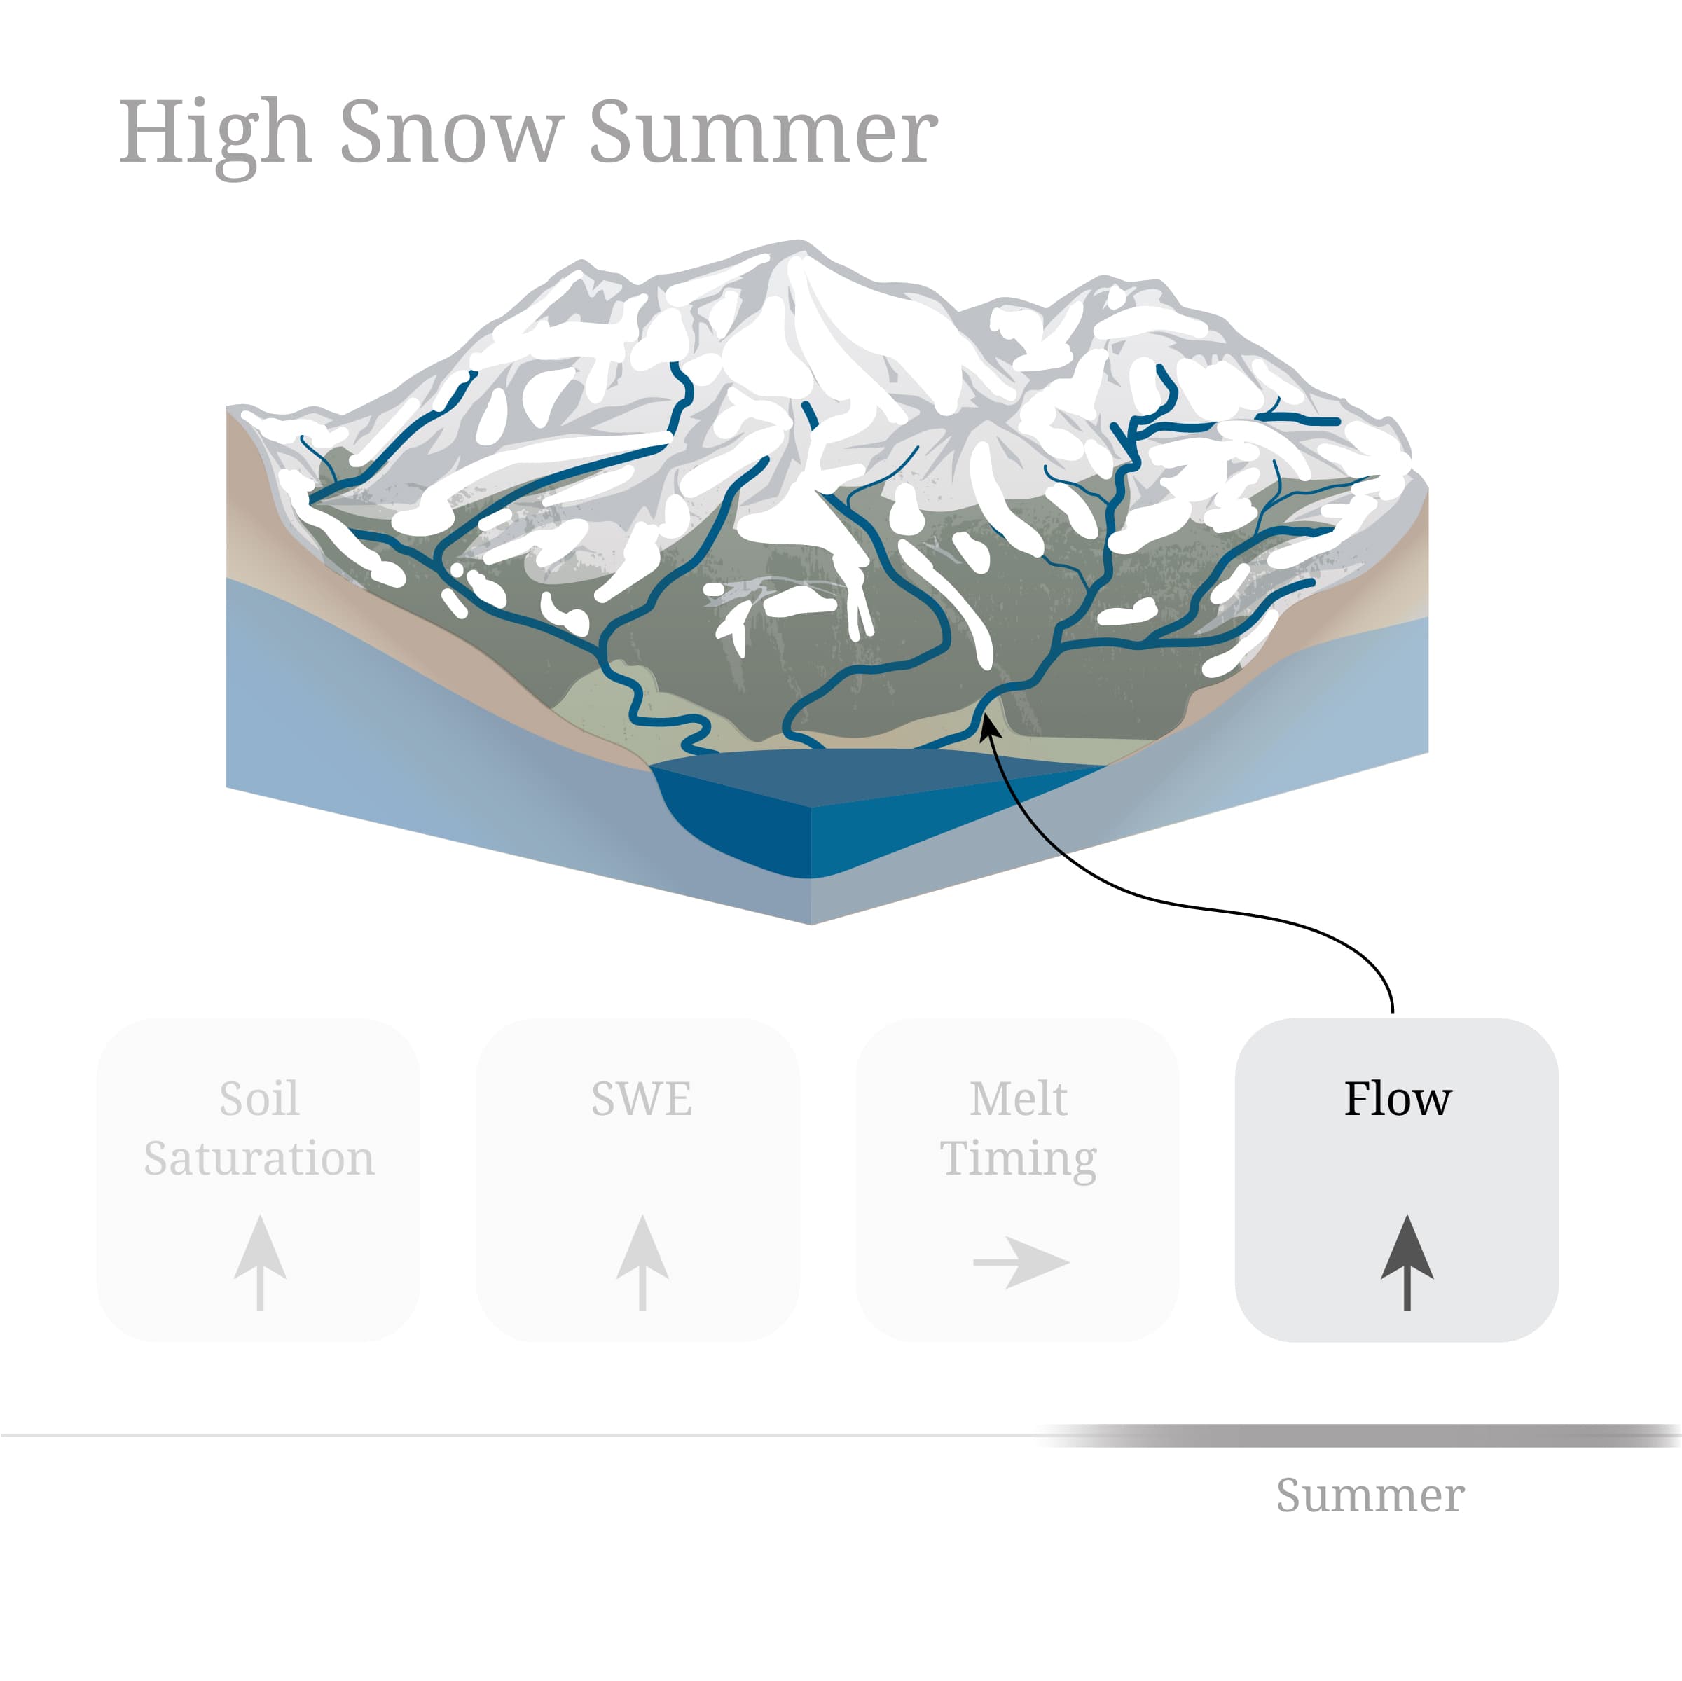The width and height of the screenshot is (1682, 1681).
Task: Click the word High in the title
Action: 214,133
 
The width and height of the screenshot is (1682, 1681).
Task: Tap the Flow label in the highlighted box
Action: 1398,1099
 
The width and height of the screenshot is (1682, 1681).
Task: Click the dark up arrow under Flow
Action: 1407,1261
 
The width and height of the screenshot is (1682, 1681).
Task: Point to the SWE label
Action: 642,1099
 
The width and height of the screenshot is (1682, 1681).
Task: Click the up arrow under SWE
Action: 642,1261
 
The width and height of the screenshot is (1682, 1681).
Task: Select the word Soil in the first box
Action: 258,1099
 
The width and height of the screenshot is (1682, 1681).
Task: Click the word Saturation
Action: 258,1158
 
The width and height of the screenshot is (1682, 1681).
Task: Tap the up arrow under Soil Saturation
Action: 259,1261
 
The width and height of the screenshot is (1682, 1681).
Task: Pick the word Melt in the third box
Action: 1018,1099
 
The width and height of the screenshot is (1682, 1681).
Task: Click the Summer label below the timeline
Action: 1370,1495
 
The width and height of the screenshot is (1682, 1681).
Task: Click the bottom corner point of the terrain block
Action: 811,922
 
